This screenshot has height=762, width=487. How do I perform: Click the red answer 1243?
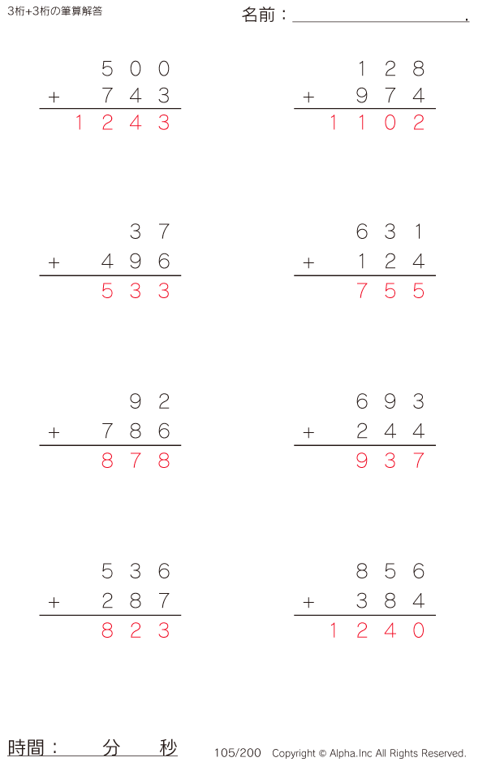(x=122, y=123)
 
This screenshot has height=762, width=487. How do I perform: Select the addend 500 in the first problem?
(x=136, y=68)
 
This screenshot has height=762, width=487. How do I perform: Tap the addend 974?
(x=390, y=97)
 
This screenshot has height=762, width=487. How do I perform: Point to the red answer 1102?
(x=376, y=123)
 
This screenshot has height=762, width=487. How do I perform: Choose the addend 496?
(x=136, y=262)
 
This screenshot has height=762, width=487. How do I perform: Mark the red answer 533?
(x=136, y=291)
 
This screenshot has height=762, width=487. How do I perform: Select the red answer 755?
(x=390, y=291)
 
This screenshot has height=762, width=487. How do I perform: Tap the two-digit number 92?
(x=150, y=402)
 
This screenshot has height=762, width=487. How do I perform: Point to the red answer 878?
(x=136, y=461)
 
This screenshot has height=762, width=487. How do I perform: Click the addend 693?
(x=390, y=402)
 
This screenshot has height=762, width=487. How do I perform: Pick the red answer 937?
(x=390, y=461)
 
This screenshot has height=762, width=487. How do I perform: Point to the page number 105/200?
(x=238, y=753)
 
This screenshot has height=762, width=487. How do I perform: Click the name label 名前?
(x=259, y=15)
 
